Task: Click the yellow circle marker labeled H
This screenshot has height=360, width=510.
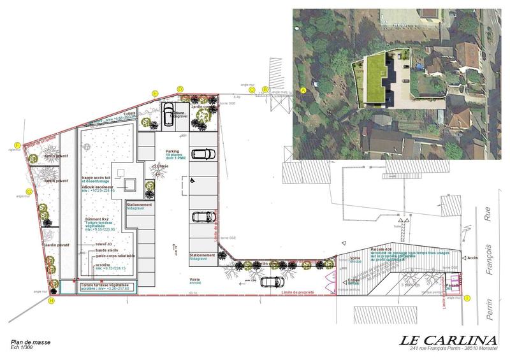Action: pos(52,301)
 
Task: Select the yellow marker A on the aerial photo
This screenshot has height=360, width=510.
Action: pos(303,90)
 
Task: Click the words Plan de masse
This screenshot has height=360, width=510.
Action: pos(31,342)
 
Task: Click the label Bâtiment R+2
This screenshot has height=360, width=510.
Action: pos(99,219)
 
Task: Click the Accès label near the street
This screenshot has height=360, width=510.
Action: pos(472,258)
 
